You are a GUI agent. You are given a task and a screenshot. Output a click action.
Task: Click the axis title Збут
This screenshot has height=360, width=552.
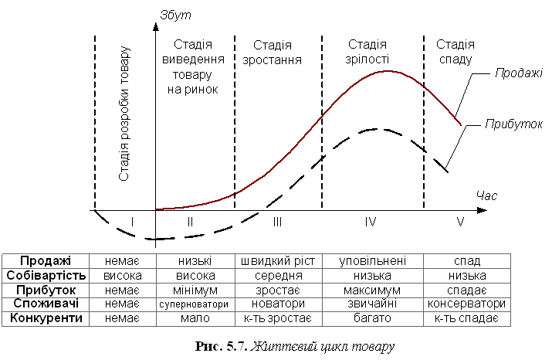[175, 15]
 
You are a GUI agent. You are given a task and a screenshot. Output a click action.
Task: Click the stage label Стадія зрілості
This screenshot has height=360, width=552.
[368, 52]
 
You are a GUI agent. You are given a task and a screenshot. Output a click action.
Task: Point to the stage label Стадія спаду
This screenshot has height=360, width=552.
[455, 52]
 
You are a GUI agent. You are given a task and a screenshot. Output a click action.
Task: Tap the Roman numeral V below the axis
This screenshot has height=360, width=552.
[460, 222]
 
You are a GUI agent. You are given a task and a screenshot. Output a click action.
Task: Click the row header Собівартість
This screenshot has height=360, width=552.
[46, 275]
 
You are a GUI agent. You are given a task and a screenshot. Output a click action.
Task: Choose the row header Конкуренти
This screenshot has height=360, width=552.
[46, 318]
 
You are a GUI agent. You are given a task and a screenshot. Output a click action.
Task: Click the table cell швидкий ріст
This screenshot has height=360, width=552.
[278, 261]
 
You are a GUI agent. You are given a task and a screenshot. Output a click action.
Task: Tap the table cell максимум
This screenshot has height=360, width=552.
[372, 290]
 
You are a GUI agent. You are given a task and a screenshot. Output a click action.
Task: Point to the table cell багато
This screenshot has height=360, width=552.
[372, 318]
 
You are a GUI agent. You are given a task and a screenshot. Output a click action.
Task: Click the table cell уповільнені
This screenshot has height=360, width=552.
[372, 261]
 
